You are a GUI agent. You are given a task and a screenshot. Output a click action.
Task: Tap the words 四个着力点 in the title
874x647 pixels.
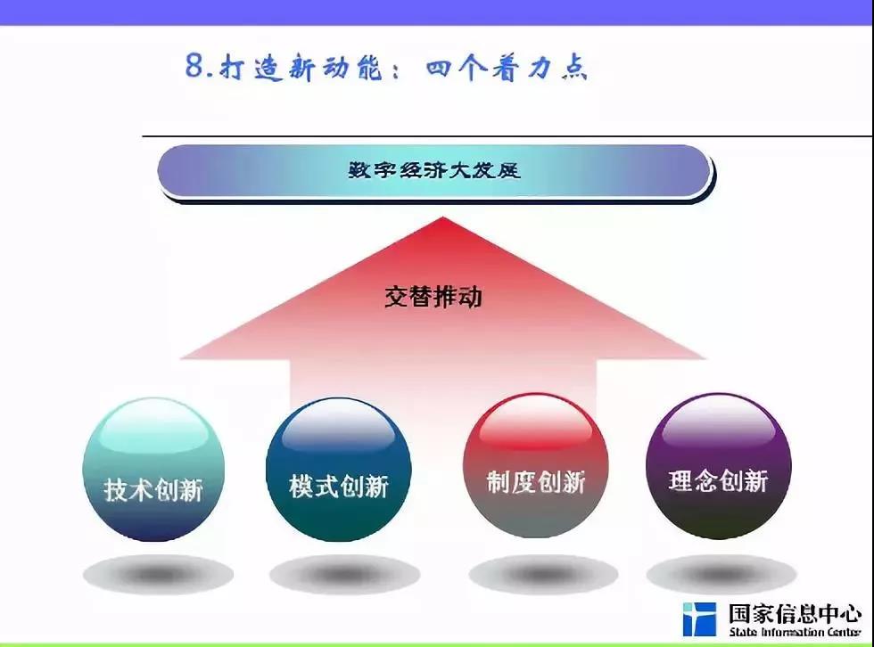click(x=507, y=68)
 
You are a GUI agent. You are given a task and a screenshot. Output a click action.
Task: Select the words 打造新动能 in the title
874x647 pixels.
click(x=301, y=68)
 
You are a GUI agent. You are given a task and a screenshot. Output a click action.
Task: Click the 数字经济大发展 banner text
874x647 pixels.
click(x=434, y=170)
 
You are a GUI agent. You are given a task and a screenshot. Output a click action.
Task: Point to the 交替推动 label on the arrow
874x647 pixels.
click(x=433, y=296)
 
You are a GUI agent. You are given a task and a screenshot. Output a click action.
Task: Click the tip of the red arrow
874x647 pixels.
click(x=442, y=217)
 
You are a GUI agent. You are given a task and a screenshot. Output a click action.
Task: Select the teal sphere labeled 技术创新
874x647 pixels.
click(x=153, y=470)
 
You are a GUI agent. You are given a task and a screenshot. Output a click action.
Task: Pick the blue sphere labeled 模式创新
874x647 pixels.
click(x=339, y=469)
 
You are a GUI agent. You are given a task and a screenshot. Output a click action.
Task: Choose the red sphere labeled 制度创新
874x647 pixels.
click(x=536, y=466)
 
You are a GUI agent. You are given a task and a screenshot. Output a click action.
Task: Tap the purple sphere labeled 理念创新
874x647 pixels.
click(x=719, y=466)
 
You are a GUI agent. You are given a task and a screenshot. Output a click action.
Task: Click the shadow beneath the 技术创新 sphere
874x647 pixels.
click(x=159, y=574)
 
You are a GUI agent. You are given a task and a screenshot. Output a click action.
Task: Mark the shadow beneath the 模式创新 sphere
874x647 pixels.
click(x=344, y=574)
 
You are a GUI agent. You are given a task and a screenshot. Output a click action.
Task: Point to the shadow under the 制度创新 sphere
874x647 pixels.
click(x=543, y=574)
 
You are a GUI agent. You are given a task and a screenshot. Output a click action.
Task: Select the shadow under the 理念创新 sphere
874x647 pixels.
click(x=721, y=574)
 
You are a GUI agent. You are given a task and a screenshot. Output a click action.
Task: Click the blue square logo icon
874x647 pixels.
click(x=699, y=618)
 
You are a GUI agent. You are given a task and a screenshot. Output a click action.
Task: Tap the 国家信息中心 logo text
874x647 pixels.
click(x=795, y=614)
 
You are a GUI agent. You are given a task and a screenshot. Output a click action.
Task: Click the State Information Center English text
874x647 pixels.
click(x=795, y=632)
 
